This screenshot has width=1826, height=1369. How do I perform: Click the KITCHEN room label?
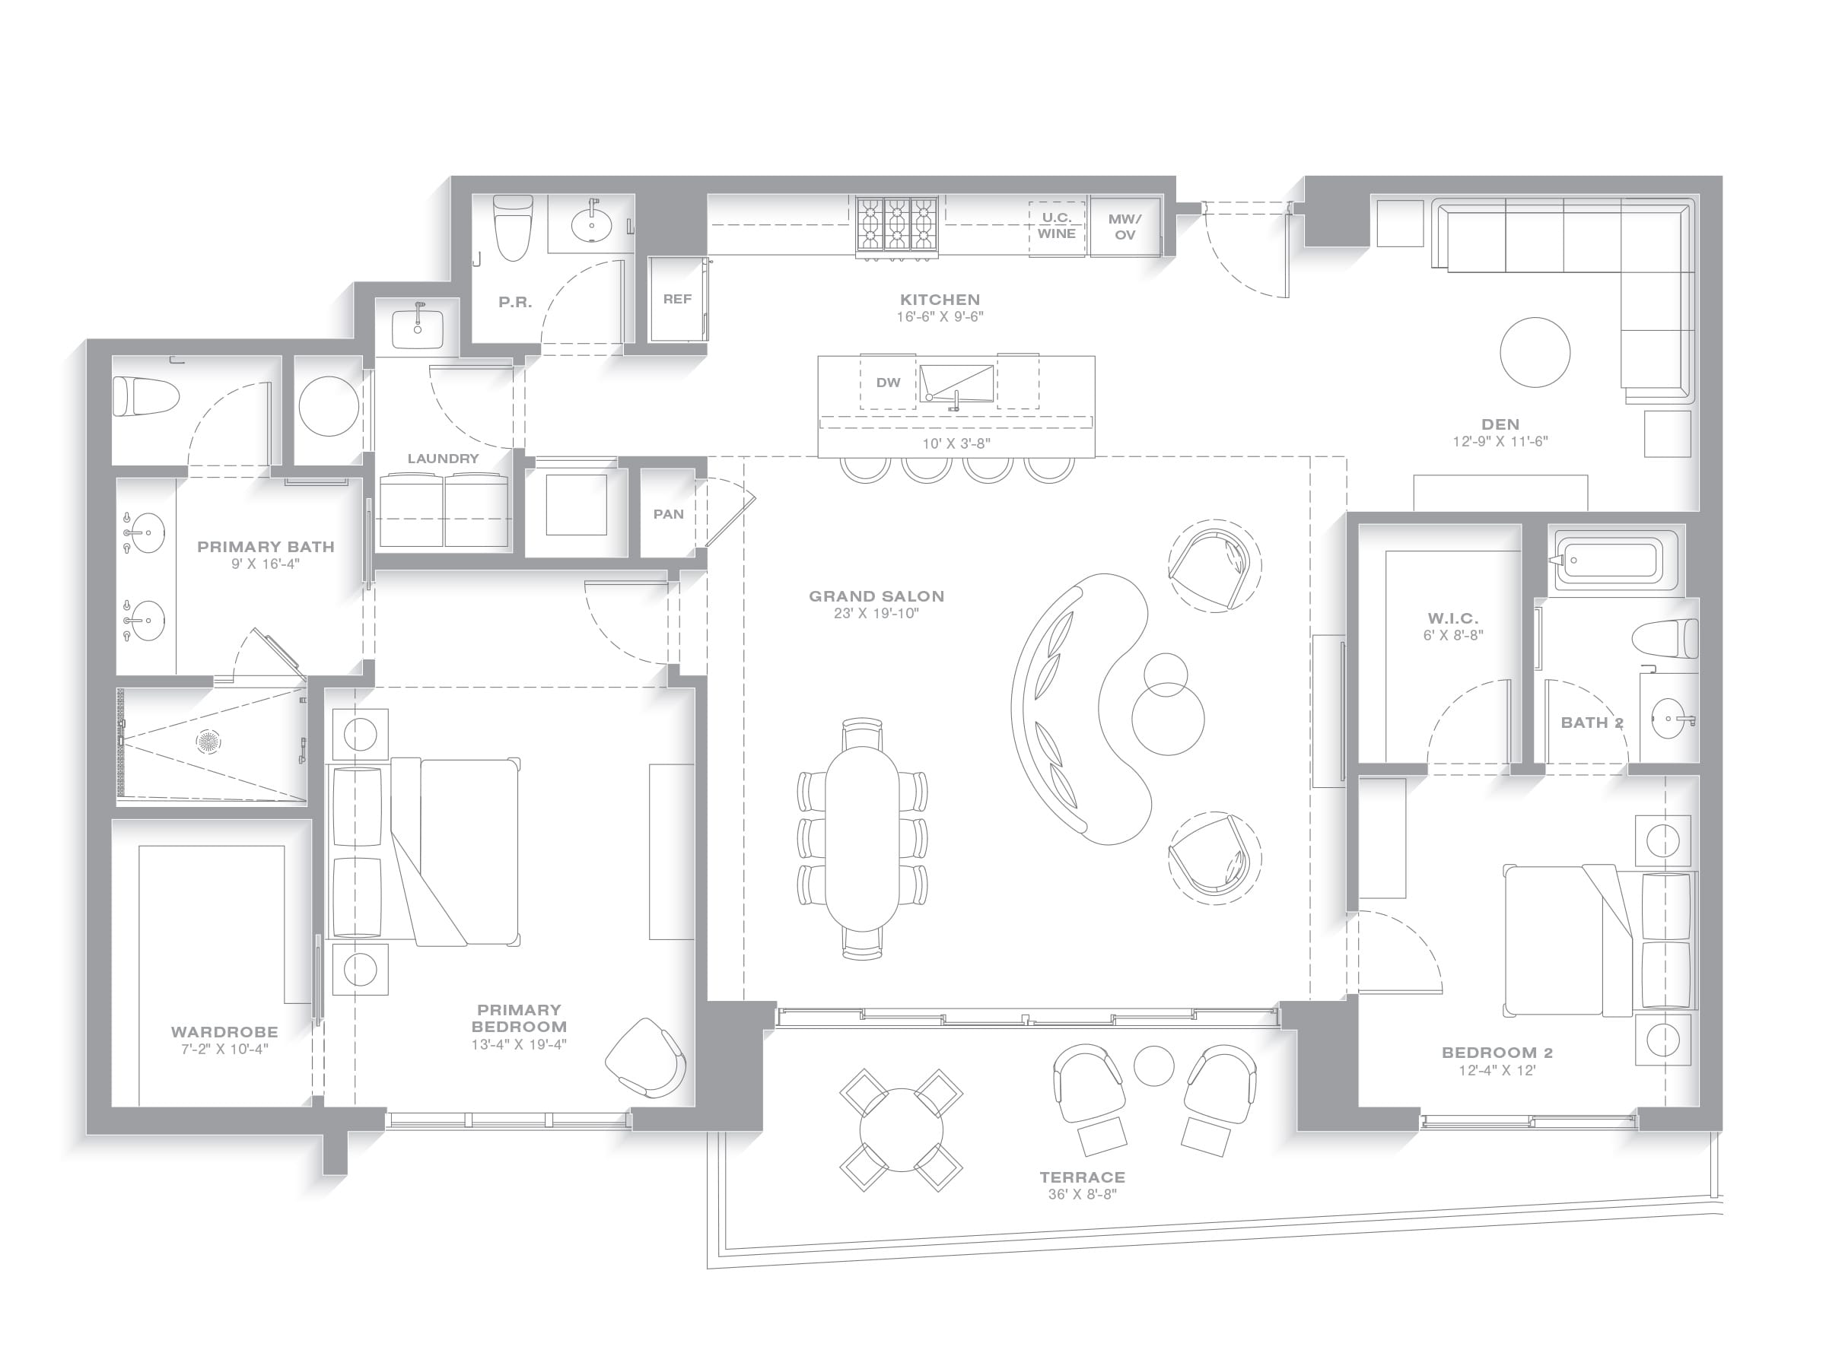pyautogui.click(x=940, y=300)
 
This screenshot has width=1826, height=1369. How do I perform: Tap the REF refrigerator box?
pyautogui.click(x=677, y=299)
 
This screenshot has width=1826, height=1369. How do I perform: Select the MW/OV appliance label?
pyautogui.click(x=1125, y=226)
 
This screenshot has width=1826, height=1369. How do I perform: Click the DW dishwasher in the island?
pyautogui.click(x=888, y=382)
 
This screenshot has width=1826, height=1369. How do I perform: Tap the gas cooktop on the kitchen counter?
pyautogui.click(x=896, y=224)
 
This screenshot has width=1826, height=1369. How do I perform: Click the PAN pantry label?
pyautogui.click(x=669, y=514)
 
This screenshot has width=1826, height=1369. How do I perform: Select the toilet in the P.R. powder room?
pyautogui.click(x=512, y=227)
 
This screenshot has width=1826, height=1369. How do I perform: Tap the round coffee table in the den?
pyautogui.click(x=1535, y=352)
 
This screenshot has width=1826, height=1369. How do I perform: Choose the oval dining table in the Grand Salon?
pyautogui.click(x=862, y=837)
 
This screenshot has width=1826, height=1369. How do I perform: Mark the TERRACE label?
pyautogui.click(x=1082, y=1177)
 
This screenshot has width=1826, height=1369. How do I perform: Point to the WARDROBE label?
pyautogui.click(x=224, y=1031)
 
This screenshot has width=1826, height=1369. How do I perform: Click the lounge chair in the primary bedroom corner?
pyautogui.click(x=645, y=1057)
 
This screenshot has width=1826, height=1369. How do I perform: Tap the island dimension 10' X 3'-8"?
pyautogui.click(x=956, y=444)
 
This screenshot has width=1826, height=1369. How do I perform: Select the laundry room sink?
pyautogui.click(x=418, y=328)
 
